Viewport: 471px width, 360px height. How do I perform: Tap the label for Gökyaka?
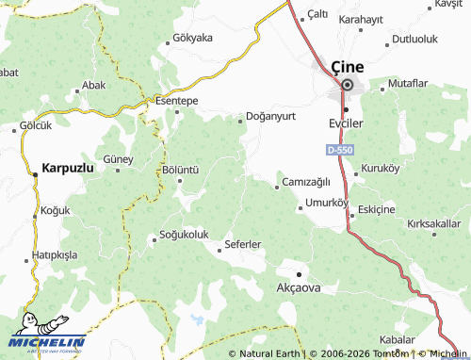(x=194, y=39)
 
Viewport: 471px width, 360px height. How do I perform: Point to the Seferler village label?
(x=243, y=245)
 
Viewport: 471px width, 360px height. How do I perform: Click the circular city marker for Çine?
(x=347, y=86)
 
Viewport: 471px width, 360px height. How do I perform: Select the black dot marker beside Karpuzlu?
(x=34, y=173)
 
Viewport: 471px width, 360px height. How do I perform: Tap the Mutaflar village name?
(x=407, y=84)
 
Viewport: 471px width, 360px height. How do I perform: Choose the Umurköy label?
(x=327, y=203)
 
